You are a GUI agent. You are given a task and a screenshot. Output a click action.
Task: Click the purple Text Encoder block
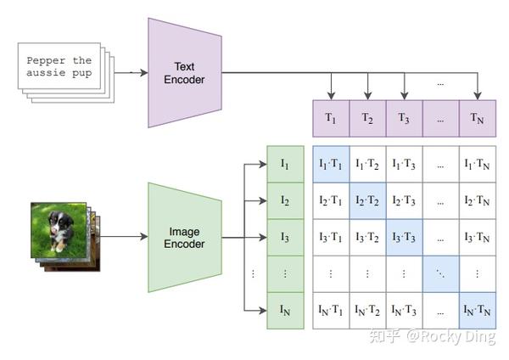coord(185,73)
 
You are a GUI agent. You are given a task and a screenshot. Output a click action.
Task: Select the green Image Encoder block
coord(185,238)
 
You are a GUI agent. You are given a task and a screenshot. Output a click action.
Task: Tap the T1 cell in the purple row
coord(331,118)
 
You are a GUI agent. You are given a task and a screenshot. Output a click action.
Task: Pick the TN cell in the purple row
coord(478,118)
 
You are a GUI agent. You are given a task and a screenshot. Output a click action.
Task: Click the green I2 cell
coord(285,200)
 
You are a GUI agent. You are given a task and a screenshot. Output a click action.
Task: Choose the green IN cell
coord(285,311)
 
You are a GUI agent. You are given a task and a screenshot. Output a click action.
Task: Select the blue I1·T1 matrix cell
coord(331,164)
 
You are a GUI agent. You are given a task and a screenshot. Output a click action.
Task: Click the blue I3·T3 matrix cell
coord(405,238)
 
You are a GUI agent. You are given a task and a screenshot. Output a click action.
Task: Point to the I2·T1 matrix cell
coord(331,200)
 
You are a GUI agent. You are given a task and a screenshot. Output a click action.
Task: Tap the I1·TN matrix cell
coord(478,164)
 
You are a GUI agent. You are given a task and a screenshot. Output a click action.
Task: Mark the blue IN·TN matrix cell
coord(478,311)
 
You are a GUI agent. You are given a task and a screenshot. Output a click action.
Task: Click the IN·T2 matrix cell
coord(368,311)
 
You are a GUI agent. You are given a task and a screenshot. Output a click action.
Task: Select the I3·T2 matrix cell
coord(368,238)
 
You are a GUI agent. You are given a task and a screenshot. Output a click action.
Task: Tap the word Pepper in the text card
coord(46,61)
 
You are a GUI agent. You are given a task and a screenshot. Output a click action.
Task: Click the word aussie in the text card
coord(46,72)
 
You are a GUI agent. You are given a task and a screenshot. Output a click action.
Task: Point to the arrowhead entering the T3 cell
coord(404,96)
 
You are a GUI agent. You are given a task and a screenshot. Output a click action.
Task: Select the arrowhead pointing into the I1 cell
coord(263,165)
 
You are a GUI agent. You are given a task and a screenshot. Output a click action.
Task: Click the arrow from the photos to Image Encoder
coord(124,237)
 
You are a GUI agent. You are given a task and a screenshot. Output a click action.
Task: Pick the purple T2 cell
coord(368,118)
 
